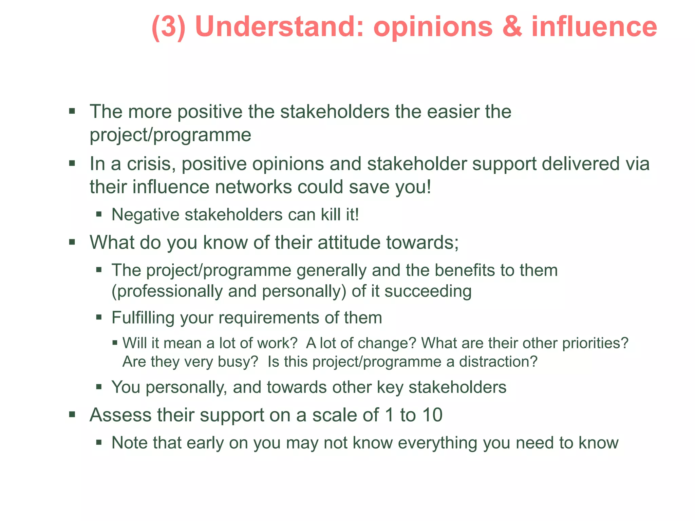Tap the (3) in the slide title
tap(168, 27)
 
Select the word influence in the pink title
tap(594, 27)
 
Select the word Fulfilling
tap(143, 318)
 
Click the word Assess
tap(120, 415)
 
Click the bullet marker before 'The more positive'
tap(72, 111)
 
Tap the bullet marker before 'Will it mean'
tap(115, 343)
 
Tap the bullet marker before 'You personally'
tap(99, 387)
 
